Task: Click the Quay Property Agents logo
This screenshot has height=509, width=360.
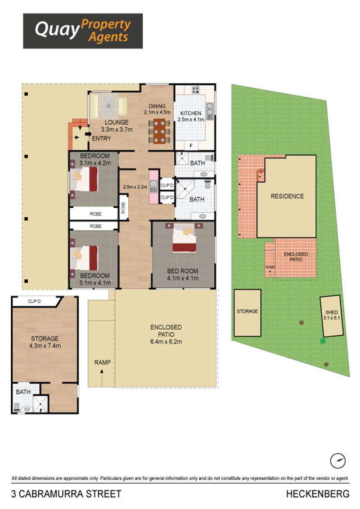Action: coord(83,31)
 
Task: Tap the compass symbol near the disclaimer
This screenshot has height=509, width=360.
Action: coord(337,460)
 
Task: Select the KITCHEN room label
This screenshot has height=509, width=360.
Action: coord(191,113)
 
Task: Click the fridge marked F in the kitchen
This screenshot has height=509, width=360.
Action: coord(191,145)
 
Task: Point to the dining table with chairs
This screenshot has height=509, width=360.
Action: coord(159,131)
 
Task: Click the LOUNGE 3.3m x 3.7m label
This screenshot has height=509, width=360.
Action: coord(117,126)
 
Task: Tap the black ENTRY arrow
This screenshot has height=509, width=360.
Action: coord(88,134)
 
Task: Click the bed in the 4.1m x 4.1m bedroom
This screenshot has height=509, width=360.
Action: coord(184,238)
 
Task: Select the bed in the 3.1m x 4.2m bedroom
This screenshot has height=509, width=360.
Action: coord(84,179)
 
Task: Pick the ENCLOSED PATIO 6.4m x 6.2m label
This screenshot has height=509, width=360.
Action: coord(166,335)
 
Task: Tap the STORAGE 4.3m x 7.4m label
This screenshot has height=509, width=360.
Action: coord(45,342)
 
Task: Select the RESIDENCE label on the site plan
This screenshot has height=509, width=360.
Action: coord(287,196)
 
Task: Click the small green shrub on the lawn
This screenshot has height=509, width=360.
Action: coord(323,341)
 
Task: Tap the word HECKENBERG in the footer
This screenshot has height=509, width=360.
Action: coord(318,494)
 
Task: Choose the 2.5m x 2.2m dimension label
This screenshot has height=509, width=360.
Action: coord(135,187)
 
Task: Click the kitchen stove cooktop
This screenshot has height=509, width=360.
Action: coord(195,89)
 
